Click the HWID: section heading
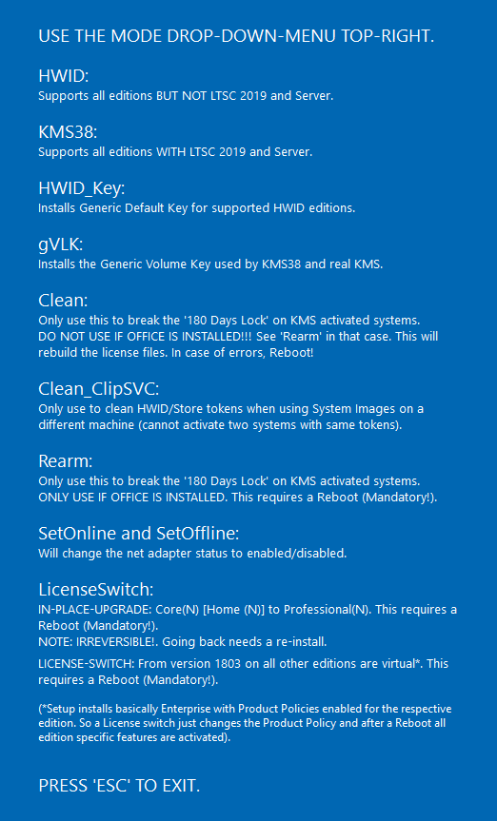click(x=63, y=75)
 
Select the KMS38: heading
click(x=68, y=130)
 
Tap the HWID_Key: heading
click(x=81, y=186)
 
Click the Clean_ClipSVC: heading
click(x=99, y=388)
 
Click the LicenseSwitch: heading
click(x=96, y=589)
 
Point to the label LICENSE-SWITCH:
click(x=83, y=663)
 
